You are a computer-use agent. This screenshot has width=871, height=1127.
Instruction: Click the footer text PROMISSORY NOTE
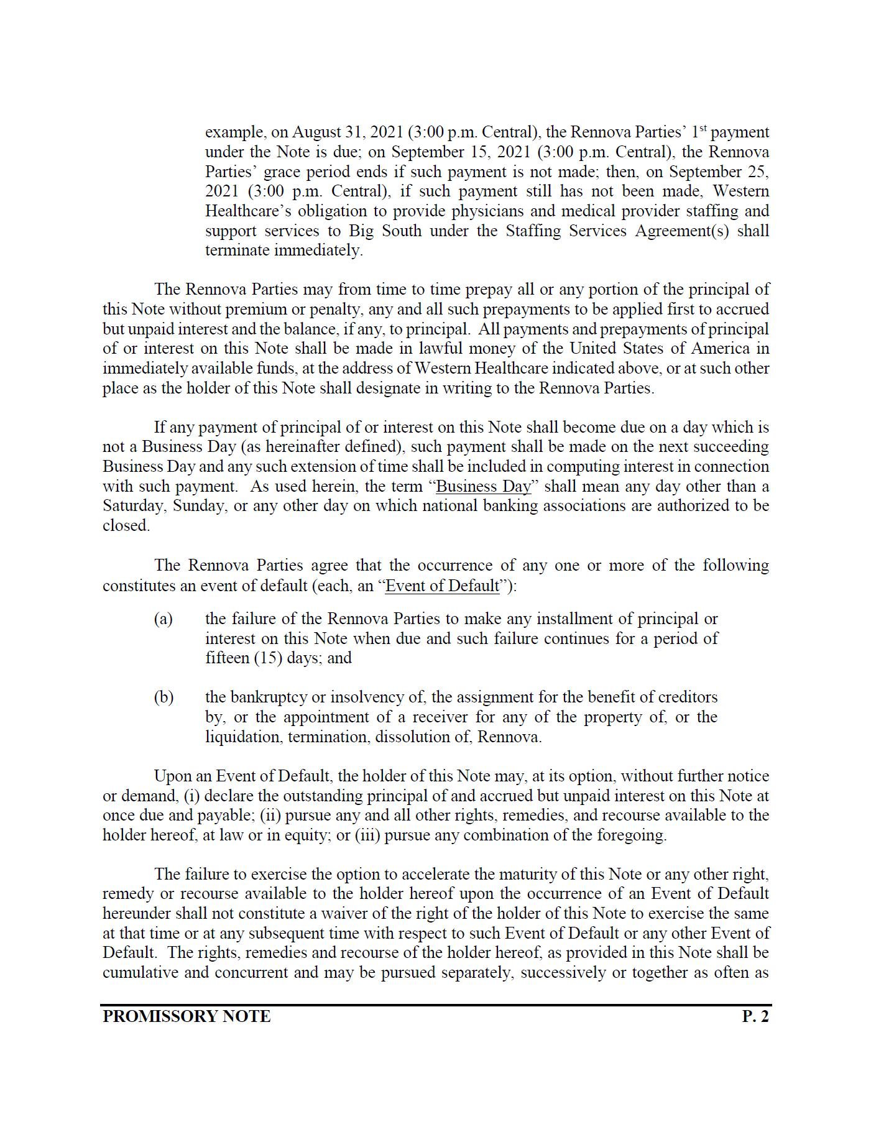[x=187, y=1016]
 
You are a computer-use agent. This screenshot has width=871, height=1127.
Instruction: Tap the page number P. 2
[x=755, y=1016]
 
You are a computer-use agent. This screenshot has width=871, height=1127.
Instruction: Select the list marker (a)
[x=163, y=619]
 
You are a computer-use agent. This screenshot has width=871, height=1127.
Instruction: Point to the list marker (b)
[x=164, y=697]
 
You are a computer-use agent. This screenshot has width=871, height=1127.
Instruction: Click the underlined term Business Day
[x=484, y=486]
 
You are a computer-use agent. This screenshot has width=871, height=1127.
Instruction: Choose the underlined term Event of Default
[x=442, y=586]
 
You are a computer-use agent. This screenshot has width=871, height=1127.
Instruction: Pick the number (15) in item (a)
[x=268, y=658]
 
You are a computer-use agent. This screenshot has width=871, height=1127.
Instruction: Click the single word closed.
[x=126, y=526]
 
